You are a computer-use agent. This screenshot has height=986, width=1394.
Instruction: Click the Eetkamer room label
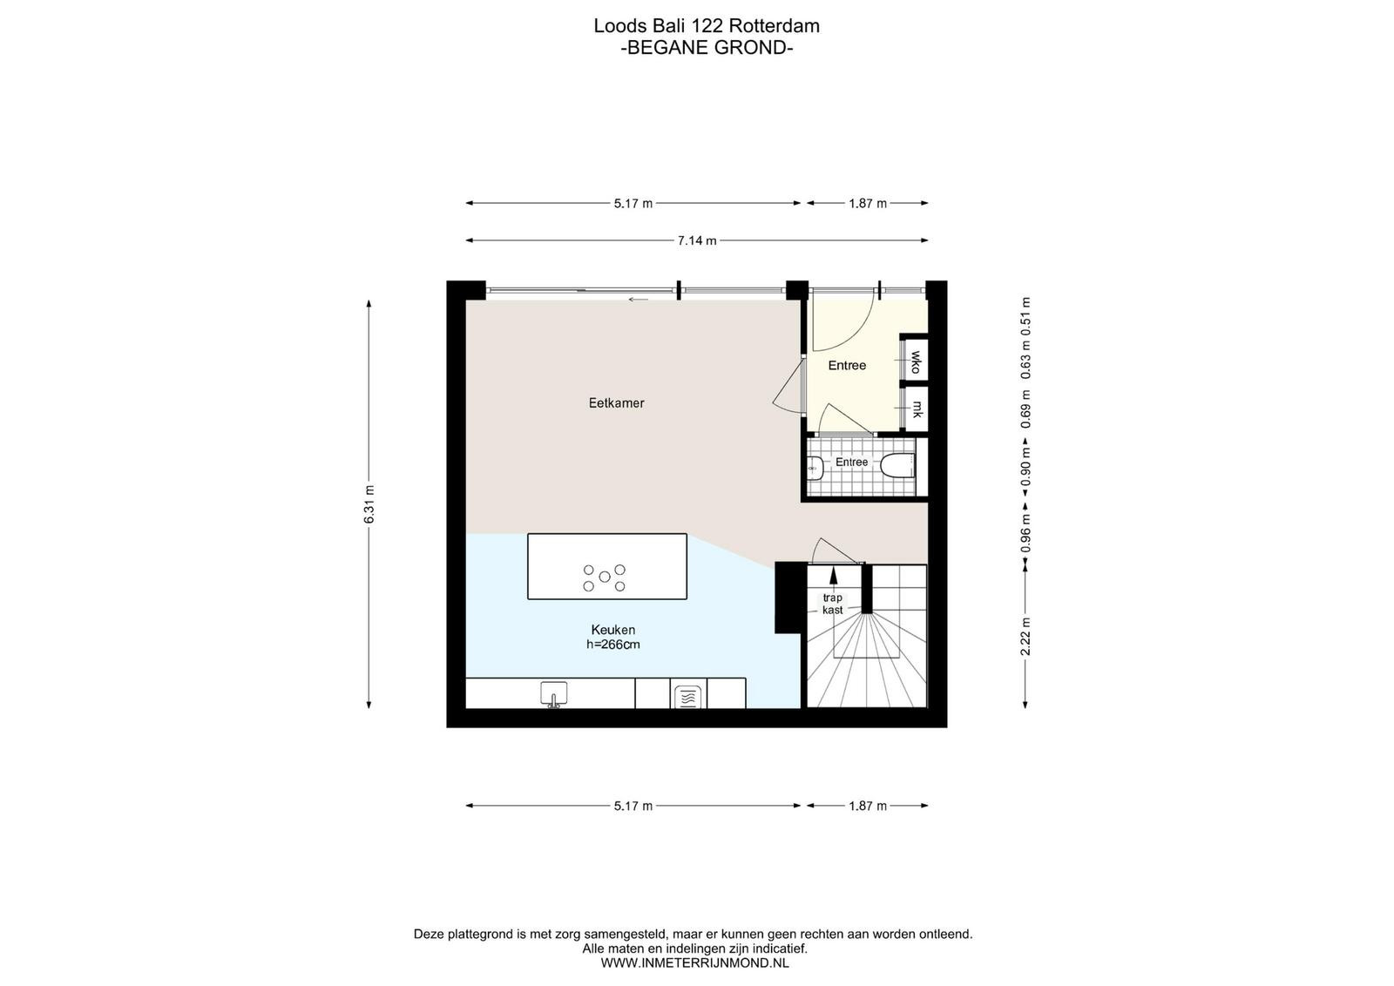pyautogui.click(x=616, y=403)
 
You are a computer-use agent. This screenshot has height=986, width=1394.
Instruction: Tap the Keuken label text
pyautogui.click(x=613, y=630)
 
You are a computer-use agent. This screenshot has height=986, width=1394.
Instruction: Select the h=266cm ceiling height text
pyautogui.click(x=613, y=645)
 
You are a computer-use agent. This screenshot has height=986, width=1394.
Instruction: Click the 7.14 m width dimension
pyautogui.click(x=697, y=240)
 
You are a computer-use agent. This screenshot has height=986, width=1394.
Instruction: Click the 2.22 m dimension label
pyautogui.click(x=1025, y=637)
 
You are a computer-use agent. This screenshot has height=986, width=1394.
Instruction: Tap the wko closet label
pyautogui.click(x=916, y=362)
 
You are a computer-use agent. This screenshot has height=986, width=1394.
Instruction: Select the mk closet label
pyautogui.click(x=917, y=409)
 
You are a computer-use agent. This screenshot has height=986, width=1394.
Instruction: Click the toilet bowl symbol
pyautogui.click(x=898, y=466)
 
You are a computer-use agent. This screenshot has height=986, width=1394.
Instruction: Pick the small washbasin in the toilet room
pyautogui.click(x=815, y=468)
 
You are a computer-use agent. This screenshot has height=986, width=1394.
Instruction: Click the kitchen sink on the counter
pyautogui.click(x=553, y=694)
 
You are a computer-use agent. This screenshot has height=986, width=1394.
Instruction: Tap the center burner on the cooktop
pyautogui.click(x=605, y=577)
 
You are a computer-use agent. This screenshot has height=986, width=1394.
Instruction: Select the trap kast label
pyautogui.click(x=833, y=604)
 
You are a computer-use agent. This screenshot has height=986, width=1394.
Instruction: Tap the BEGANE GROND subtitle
pyautogui.click(x=707, y=48)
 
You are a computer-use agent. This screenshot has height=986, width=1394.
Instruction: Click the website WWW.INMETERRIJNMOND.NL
pyautogui.click(x=694, y=963)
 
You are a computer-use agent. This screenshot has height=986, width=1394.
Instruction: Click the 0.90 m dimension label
pyautogui.click(x=1025, y=467)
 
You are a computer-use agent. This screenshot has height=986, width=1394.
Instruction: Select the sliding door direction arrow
pyautogui.click(x=638, y=300)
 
